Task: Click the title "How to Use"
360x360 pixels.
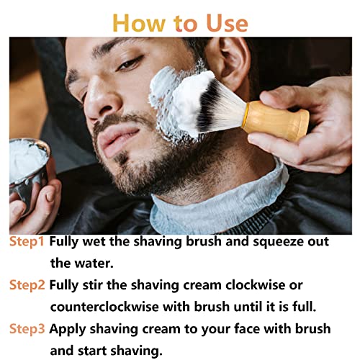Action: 180,22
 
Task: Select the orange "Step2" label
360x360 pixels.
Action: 27,284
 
